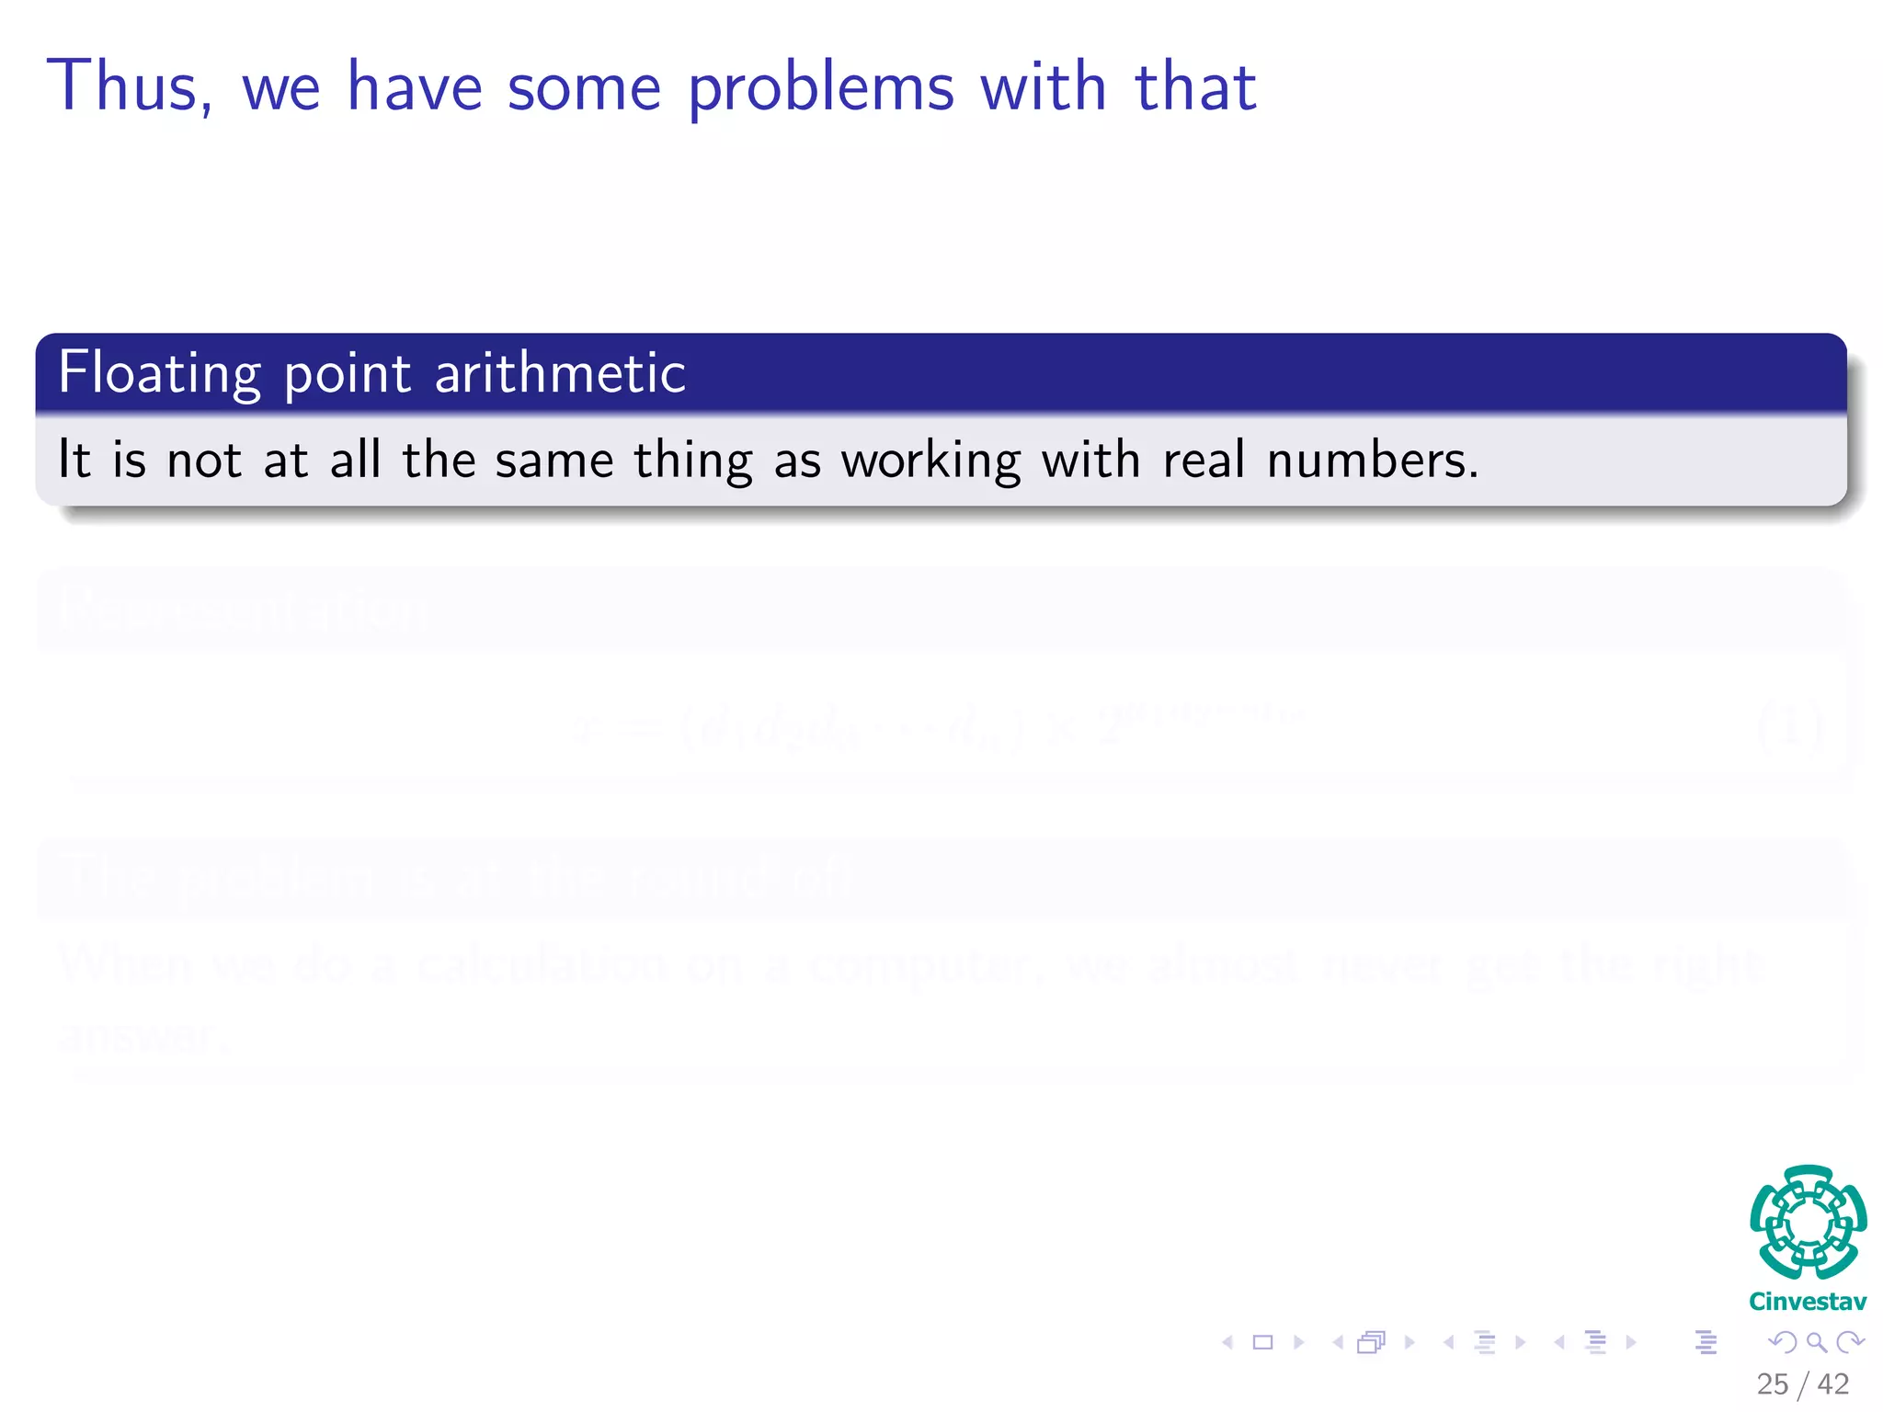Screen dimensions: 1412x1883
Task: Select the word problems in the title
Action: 821,90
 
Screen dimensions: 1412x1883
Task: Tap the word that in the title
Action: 1195,86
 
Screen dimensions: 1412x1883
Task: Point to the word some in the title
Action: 584,90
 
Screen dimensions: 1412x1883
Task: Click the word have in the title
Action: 415,86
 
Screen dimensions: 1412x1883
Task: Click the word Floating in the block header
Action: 159,373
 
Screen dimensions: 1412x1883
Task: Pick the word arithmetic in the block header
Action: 560,373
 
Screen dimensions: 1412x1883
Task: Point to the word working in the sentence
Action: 930,461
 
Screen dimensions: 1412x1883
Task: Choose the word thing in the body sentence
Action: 692,461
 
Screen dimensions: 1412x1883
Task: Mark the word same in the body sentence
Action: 553,461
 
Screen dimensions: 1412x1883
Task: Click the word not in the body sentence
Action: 204,460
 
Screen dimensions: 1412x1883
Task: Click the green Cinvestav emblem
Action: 1808,1222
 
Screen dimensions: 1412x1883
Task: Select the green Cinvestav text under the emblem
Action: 1808,1302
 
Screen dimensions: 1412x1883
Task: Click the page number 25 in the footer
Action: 1772,1384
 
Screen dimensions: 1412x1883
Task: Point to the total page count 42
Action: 1833,1384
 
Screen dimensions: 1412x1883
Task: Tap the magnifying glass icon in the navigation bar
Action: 1816,1342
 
